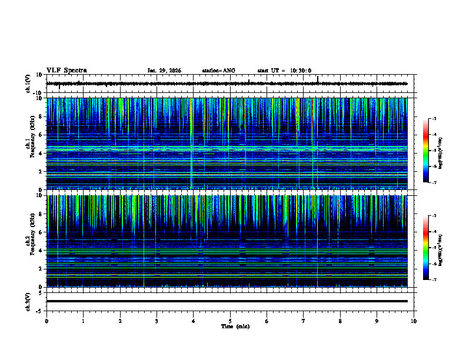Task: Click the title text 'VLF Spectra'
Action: pyautogui.click(x=66, y=71)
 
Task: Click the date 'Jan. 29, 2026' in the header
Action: pyautogui.click(x=164, y=71)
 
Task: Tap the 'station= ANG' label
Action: pyautogui.click(x=218, y=71)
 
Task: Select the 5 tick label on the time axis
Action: pyautogui.click(x=230, y=321)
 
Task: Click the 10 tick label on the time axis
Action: pyautogui.click(x=414, y=321)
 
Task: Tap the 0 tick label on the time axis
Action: pyautogui.click(x=46, y=321)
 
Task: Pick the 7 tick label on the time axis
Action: pyautogui.click(x=304, y=321)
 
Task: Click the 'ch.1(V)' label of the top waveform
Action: pyautogui.click(x=28, y=84)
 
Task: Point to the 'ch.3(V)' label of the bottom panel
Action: pyautogui.click(x=28, y=301)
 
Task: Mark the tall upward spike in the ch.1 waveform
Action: pyautogui.click(x=318, y=79)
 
